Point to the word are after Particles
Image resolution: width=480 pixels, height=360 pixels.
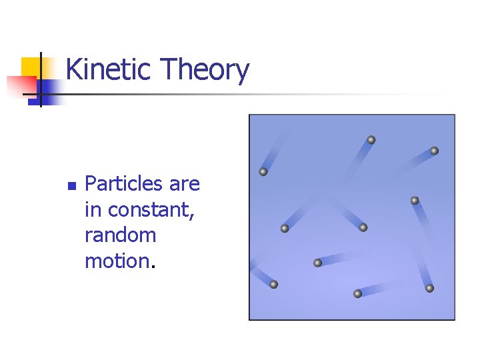click(184, 183)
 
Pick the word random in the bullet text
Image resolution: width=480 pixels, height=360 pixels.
click(120, 235)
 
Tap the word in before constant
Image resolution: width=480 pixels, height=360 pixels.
click(93, 209)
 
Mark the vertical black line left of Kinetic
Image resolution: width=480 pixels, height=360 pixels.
click(40, 79)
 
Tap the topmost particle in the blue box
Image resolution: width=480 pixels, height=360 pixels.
click(371, 140)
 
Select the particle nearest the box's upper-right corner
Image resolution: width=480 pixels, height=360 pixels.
click(434, 151)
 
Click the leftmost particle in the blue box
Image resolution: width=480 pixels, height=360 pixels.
click(263, 172)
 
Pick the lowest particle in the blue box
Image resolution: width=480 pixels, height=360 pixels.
click(357, 293)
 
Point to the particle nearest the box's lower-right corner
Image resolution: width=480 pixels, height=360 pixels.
click(429, 288)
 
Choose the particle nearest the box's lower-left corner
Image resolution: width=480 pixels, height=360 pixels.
click(273, 285)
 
